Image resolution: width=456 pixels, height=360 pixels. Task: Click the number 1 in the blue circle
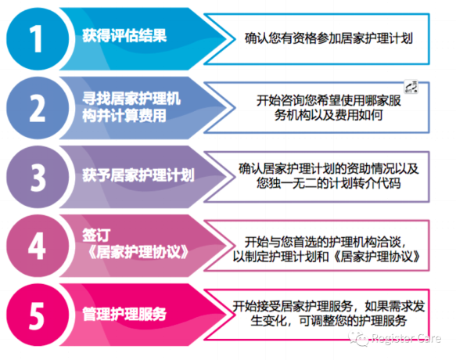tap(36, 38)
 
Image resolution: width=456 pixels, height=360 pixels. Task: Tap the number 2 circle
tap(38, 108)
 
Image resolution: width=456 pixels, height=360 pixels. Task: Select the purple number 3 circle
tap(38, 177)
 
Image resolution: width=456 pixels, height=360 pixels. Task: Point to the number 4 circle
tap(38, 246)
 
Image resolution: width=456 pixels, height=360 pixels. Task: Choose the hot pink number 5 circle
tap(38, 315)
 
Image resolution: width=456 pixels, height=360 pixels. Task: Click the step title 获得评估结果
tap(124, 36)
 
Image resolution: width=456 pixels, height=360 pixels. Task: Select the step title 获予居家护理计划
tap(138, 175)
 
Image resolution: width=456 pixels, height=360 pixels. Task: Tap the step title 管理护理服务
tap(124, 315)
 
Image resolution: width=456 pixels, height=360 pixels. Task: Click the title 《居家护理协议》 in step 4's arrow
tap(138, 252)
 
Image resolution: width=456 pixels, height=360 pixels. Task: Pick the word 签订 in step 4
tap(96, 235)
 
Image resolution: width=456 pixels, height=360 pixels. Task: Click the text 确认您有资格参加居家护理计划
tap(329, 38)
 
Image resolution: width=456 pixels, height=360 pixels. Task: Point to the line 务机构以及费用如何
tap(329, 115)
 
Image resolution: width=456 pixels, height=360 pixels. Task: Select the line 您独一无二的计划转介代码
tap(329, 183)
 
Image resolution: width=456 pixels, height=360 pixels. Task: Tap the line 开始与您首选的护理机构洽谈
tap(325, 242)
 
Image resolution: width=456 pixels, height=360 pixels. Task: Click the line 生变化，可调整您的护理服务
tap(329, 321)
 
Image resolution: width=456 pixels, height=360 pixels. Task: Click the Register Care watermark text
tap(406, 338)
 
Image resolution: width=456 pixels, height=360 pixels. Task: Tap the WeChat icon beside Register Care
tap(359, 338)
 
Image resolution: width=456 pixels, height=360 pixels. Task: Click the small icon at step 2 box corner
tap(411, 87)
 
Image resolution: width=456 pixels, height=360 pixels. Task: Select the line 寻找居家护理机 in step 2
tap(131, 99)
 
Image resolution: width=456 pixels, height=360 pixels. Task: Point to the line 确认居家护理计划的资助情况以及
tap(329, 169)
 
